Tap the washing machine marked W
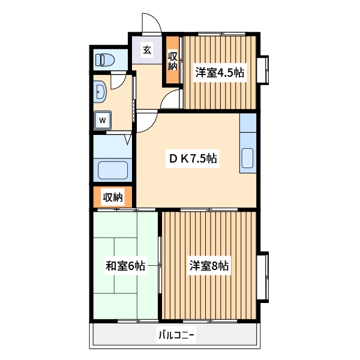(x=102, y=120)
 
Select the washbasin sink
(x=100, y=91)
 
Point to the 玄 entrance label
(x=146, y=50)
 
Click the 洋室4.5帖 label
(x=219, y=73)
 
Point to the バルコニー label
(x=177, y=335)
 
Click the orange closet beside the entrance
(x=173, y=62)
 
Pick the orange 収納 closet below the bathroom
(x=112, y=196)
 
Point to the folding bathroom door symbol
(x=128, y=140)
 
